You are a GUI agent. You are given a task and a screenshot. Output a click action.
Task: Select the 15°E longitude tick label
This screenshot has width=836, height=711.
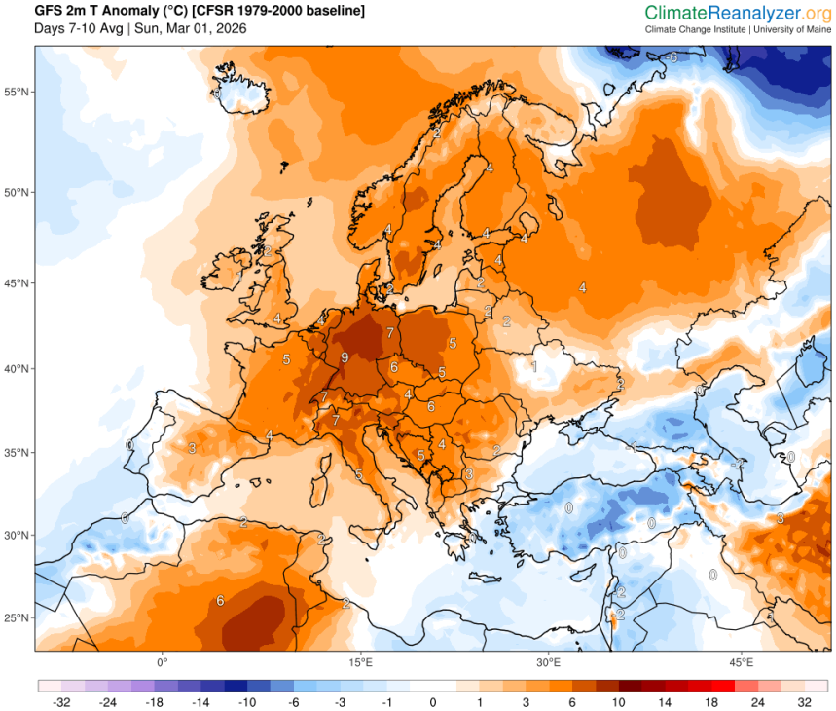(x=361, y=662)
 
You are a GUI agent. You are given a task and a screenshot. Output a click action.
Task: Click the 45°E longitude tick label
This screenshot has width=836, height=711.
(x=742, y=662)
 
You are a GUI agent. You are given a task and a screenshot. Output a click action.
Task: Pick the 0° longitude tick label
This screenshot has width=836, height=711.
(x=163, y=662)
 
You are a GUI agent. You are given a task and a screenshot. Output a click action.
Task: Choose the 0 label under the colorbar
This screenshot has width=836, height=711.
(x=433, y=701)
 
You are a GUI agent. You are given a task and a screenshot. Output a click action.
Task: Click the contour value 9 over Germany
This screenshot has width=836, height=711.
(x=344, y=358)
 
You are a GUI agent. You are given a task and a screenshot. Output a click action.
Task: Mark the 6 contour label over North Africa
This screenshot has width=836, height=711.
(x=220, y=600)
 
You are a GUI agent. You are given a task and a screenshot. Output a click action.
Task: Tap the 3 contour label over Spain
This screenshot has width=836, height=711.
(x=192, y=448)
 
